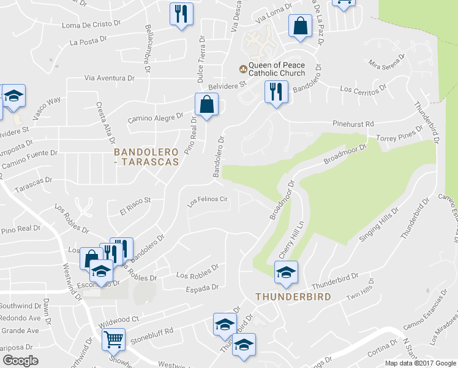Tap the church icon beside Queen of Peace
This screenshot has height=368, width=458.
click(x=242, y=69)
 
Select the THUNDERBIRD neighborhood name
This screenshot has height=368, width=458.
click(x=293, y=297)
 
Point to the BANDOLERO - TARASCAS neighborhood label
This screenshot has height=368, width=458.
click(x=147, y=156)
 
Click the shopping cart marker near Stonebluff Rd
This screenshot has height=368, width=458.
click(x=114, y=340)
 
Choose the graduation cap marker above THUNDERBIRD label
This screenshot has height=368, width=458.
click(x=286, y=273)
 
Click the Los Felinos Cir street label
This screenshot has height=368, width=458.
click(x=207, y=200)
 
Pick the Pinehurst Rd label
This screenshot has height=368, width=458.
click(x=353, y=124)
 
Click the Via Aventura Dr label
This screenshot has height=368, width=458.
click(x=109, y=79)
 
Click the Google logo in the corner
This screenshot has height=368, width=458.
click(x=20, y=361)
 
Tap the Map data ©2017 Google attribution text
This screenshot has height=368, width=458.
click(x=420, y=363)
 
